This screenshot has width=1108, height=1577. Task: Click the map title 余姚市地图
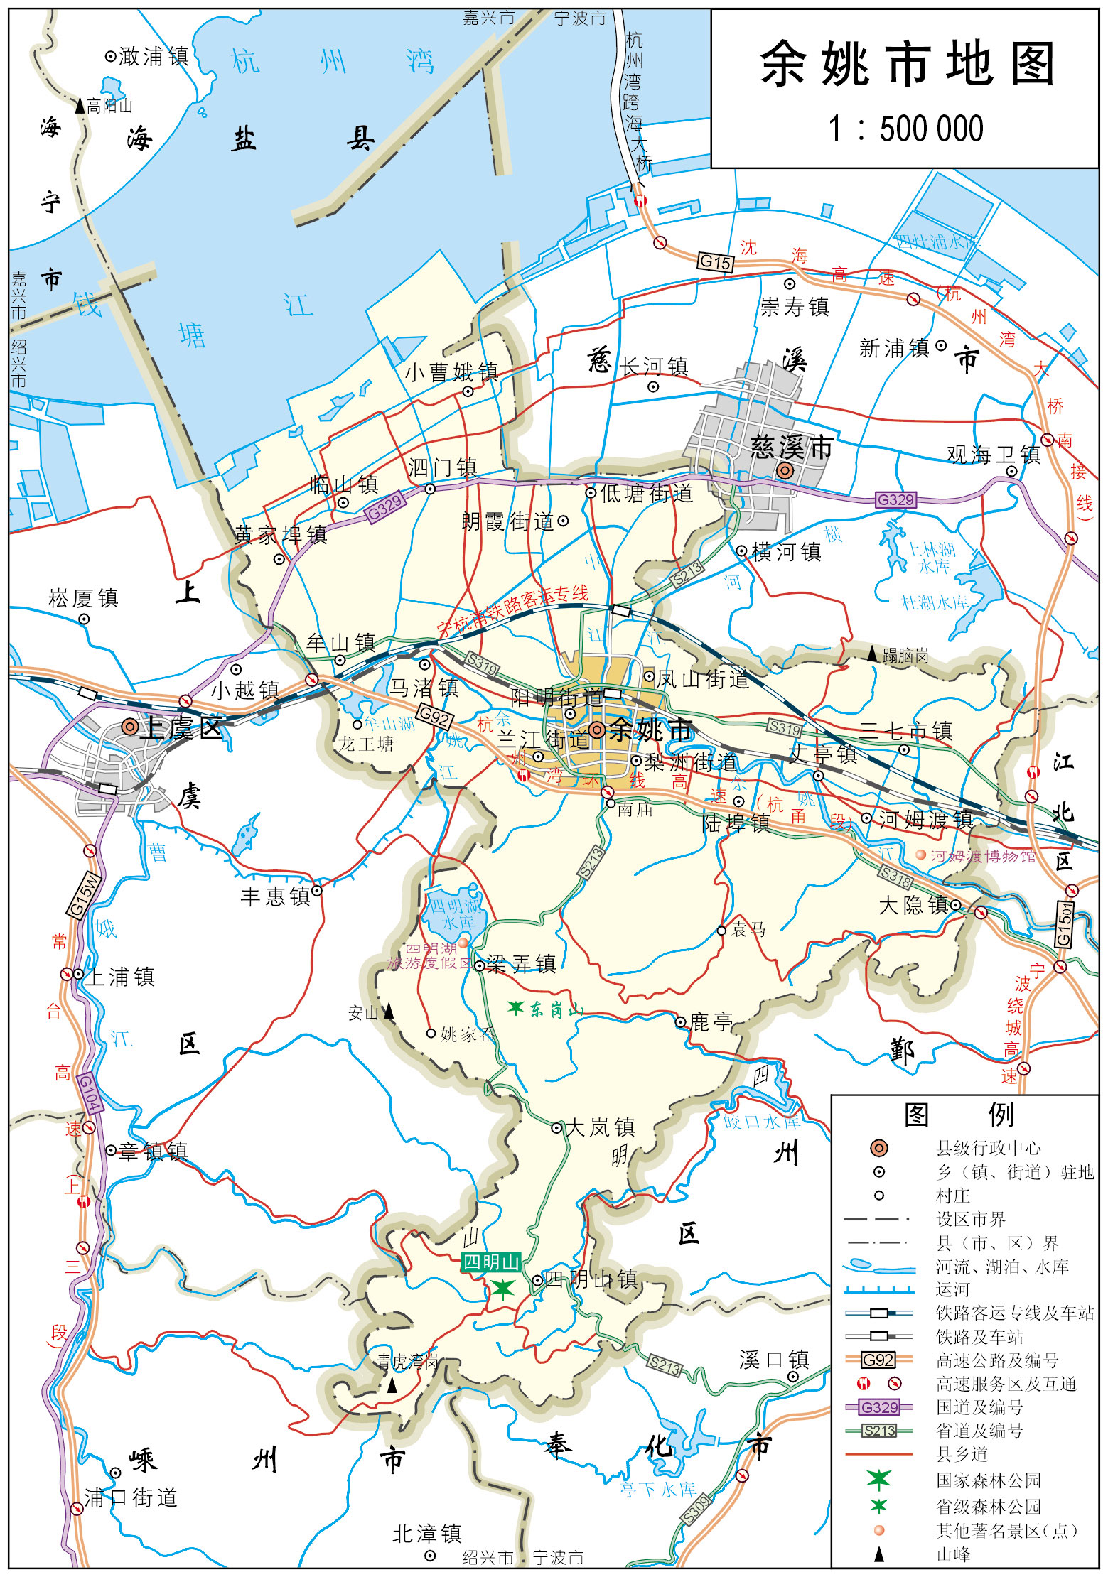click(906, 64)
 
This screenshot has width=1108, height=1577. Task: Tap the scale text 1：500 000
click(906, 129)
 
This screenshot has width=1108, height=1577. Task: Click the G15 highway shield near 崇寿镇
click(715, 262)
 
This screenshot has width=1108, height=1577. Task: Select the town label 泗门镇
click(442, 467)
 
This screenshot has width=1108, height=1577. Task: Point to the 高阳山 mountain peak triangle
click(80, 107)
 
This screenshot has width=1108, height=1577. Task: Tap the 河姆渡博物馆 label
click(982, 856)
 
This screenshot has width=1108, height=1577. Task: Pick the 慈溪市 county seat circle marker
click(785, 470)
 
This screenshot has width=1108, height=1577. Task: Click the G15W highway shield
click(84, 895)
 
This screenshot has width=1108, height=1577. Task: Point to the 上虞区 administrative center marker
click(129, 727)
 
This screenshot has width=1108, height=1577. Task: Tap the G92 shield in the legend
click(878, 1360)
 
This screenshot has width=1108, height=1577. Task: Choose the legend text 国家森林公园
click(988, 1480)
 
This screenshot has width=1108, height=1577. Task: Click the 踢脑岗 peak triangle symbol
click(872, 654)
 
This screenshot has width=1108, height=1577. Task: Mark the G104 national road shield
click(89, 1092)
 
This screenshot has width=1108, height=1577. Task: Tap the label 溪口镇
click(774, 1360)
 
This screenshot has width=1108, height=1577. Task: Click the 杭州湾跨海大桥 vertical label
click(634, 99)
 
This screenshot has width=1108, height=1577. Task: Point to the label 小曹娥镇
click(452, 372)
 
